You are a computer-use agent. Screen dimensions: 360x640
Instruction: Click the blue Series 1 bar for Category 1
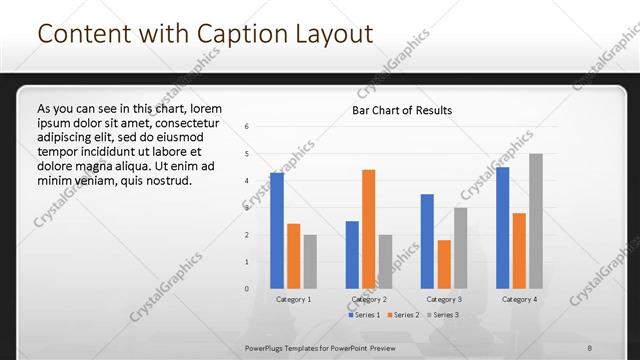tap(277, 230)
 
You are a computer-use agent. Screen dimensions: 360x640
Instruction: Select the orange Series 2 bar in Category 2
tap(369, 229)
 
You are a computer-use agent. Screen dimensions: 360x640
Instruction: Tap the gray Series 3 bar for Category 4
tap(536, 221)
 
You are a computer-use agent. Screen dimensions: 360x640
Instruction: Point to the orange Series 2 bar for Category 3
tap(444, 264)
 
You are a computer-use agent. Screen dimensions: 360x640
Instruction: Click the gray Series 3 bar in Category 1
tap(310, 261)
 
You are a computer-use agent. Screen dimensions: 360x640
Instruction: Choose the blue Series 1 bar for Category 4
tap(503, 228)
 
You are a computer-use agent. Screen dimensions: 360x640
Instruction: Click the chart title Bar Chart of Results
tap(402, 110)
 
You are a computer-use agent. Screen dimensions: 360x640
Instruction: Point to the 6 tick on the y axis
tap(247, 127)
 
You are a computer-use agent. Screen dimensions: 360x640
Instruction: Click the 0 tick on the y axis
tap(247, 289)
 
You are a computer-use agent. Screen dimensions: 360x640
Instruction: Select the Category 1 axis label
tap(293, 299)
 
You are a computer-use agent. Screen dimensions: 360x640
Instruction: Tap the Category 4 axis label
tap(519, 299)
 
